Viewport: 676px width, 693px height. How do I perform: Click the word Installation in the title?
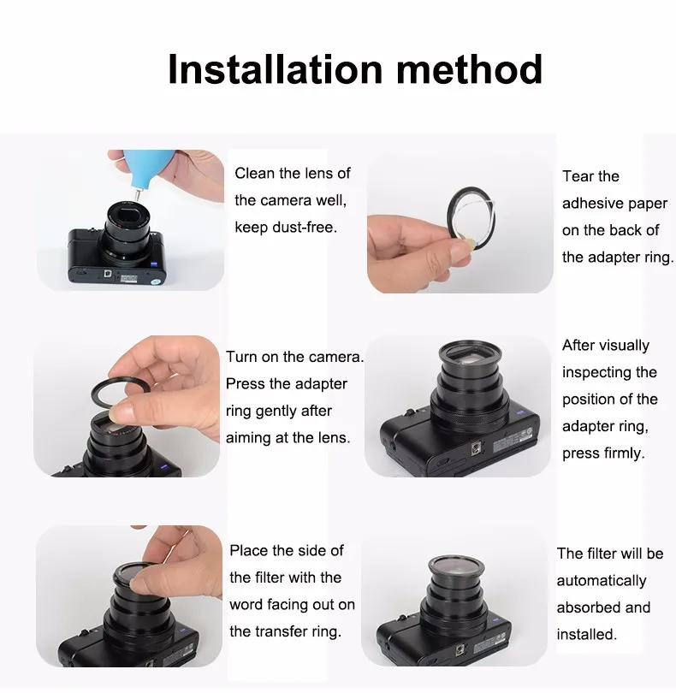[x=275, y=69]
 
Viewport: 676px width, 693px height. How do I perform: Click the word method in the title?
[x=469, y=69]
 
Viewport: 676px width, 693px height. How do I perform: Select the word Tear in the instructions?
[x=575, y=176]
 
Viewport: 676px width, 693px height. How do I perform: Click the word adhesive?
[x=592, y=204]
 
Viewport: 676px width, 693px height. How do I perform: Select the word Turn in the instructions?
[x=241, y=357]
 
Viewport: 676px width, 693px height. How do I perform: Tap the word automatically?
[x=602, y=581]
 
